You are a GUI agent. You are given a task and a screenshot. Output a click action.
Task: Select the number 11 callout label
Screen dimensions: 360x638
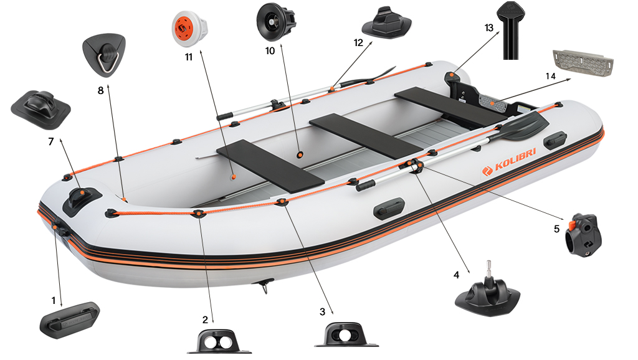pos(189,57)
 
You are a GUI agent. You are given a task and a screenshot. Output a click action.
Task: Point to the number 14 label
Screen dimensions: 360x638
pos(550,76)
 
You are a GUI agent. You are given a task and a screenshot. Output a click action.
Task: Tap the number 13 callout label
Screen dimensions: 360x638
pos(488,28)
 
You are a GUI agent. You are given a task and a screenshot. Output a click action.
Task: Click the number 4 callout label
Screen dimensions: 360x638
pos(456,274)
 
